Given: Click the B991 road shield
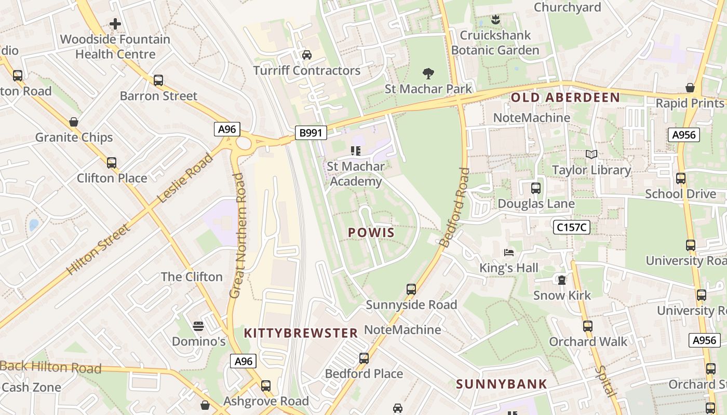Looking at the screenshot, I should [x=311, y=133].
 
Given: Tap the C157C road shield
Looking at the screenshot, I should [x=571, y=227].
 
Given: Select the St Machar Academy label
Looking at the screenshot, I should [x=356, y=174].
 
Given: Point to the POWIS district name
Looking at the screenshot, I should [x=371, y=233].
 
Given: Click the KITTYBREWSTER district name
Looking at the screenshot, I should [x=301, y=333].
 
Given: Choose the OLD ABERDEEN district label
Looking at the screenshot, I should [x=565, y=98].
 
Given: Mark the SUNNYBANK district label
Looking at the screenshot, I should [x=501, y=384].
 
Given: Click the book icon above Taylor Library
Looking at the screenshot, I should [x=591, y=154].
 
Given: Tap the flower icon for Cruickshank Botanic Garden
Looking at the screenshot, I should [x=495, y=20].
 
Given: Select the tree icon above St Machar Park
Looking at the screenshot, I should [x=428, y=73].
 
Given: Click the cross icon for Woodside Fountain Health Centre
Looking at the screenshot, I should [x=115, y=24].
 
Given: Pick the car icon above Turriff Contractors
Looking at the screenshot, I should [x=307, y=54].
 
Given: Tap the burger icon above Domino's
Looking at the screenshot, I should [x=198, y=326].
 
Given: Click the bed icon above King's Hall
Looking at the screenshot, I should [x=509, y=253].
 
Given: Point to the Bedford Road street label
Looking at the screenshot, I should [x=454, y=208].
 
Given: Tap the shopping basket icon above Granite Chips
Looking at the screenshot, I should [x=74, y=122].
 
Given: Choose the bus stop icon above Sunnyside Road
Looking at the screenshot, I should [x=411, y=289].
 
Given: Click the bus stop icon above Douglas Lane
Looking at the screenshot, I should [x=536, y=188].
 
